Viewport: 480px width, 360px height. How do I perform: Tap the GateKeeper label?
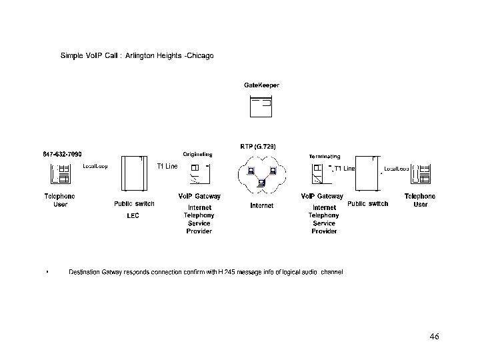click(261, 85)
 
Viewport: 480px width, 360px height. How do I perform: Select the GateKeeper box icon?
click(261, 107)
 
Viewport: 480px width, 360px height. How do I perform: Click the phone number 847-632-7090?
click(63, 155)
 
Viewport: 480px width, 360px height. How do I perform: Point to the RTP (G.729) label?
click(258, 146)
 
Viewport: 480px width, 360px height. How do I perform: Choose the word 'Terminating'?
click(325, 155)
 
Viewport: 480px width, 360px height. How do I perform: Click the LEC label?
click(133, 216)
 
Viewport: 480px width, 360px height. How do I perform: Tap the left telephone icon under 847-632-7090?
click(60, 174)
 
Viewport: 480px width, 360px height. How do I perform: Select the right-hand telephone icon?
click(421, 174)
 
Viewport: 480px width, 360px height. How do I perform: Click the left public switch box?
click(133, 173)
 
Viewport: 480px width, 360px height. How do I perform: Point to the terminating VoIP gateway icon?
click(322, 173)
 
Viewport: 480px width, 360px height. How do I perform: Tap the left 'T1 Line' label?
click(167, 166)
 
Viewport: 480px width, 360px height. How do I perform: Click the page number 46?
click(434, 337)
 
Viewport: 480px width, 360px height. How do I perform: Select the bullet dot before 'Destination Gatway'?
click(47, 273)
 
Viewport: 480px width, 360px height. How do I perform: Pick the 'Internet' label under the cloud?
click(261, 206)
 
